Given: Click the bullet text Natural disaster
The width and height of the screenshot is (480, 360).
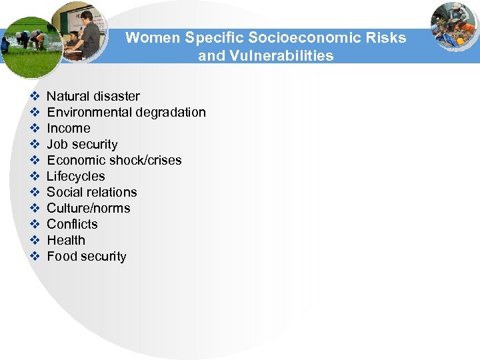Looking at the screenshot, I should [x=93, y=97].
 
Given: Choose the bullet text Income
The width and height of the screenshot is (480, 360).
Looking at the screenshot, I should [x=69, y=129].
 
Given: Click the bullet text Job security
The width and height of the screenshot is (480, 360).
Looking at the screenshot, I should [x=82, y=145].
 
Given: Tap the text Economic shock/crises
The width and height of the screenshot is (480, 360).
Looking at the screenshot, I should [x=114, y=161].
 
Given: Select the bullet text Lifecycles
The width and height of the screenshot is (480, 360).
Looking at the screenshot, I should [x=76, y=177].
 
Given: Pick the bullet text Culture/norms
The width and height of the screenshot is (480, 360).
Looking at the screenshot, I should [x=89, y=209].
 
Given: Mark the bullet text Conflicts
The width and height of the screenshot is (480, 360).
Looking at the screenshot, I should [x=72, y=225].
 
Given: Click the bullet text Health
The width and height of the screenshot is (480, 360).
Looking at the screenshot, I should [x=66, y=241].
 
